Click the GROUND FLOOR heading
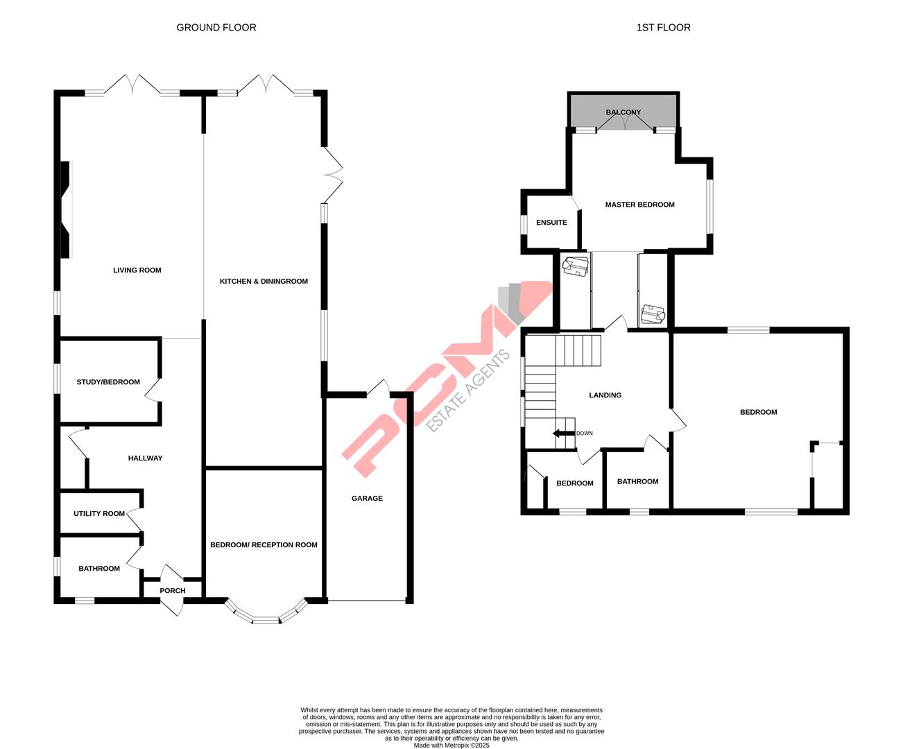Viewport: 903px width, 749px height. (216, 28)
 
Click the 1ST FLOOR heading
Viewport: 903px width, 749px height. (663, 28)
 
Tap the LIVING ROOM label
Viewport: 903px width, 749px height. (137, 270)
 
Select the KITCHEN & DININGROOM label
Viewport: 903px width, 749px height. (264, 282)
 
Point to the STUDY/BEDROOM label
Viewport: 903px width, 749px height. (108, 382)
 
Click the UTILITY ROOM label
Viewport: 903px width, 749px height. (99, 514)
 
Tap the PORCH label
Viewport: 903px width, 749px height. (173, 591)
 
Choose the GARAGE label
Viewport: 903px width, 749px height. (367, 499)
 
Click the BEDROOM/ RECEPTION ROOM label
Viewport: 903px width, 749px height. (264, 545)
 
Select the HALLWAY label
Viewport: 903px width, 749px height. (145, 458)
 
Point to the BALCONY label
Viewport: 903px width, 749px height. (623, 112)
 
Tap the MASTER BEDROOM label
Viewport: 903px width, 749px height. (639, 205)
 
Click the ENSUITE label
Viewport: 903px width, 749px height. (551, 223)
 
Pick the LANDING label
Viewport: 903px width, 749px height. (605, 395)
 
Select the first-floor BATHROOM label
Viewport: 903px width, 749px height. (637, 482)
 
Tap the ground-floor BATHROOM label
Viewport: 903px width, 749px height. (98, 569)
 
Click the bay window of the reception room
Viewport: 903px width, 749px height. (264, 617)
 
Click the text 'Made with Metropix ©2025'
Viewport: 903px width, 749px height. (452, 746)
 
